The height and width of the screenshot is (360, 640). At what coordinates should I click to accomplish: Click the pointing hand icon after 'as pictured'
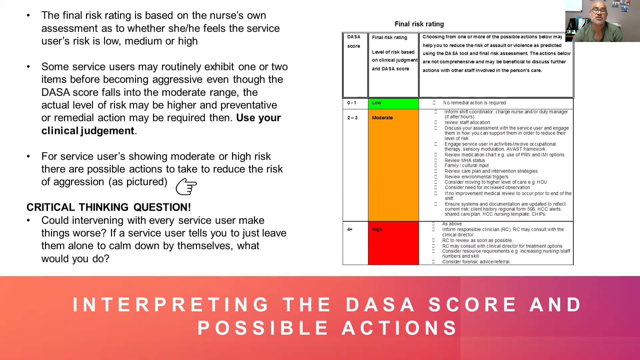(x=186, y=187)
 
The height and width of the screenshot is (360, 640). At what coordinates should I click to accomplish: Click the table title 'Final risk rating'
(x=419, y=24)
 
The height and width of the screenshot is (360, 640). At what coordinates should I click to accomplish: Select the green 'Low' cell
(x=393, y=103)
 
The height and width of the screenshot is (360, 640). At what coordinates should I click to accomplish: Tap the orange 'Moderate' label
(x=382, y=118)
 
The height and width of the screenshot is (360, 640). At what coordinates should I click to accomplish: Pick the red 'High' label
(x=377, y=229)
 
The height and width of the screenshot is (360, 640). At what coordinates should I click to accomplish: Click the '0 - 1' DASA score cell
(x=352, y=103)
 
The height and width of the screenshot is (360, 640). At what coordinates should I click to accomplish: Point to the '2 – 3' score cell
(x=352, y=118)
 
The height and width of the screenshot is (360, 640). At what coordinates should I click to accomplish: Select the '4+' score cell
(x=350, y=229)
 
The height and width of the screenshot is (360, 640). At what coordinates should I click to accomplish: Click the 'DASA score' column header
(x=354, y=41)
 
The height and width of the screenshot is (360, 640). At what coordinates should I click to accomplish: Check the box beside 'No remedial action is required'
(x=434, y=103)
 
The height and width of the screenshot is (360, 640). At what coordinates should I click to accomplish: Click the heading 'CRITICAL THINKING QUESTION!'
(x=109, y=207)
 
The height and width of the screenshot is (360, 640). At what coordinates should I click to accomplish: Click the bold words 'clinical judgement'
(x=88, y=131)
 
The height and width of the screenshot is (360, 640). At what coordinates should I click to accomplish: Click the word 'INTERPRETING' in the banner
(x=171, y=304)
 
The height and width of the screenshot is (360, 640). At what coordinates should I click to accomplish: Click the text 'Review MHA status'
(x=465, y=160)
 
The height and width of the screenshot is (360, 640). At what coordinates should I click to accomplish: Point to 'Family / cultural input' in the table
(x=466, y=165)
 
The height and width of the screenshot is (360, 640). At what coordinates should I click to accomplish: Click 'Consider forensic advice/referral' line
(x=476, y=262)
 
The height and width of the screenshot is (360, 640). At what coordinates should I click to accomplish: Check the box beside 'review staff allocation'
(x=436, y=122)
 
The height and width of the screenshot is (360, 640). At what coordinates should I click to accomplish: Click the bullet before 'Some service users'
(x=28, y=67)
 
